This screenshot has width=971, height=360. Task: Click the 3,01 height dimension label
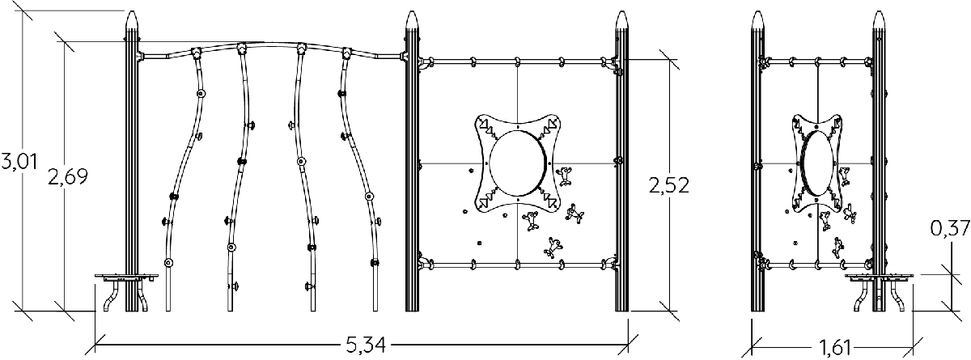19,161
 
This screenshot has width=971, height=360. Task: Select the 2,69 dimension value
68,176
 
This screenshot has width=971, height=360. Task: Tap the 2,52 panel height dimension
669,185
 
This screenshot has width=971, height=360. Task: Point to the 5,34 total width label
366,345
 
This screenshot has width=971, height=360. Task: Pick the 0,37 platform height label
950,228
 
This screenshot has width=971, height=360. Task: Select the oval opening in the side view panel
817,163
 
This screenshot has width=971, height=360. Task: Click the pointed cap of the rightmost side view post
879,19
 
